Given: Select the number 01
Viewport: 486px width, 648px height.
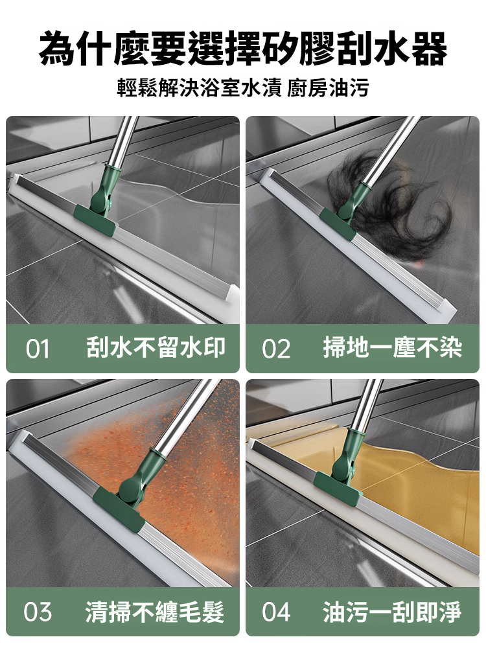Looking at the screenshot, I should tap(38, 349).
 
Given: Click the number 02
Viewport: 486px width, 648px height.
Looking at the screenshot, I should tap(277, 349).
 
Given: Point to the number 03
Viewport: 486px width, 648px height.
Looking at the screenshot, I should tap(38, 612).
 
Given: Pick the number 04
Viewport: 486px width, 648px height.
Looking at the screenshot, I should tap(277, 612).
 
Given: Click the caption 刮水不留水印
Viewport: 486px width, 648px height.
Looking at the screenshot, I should tap(156, 348).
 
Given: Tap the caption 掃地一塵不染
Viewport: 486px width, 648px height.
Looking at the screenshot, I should tap(393, 348).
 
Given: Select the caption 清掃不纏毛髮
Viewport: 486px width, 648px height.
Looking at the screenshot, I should tap(156, 611).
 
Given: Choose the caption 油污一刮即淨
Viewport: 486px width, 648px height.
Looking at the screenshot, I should tap(393, 611).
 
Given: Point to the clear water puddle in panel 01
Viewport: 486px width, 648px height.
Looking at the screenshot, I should tap(175, 207).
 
